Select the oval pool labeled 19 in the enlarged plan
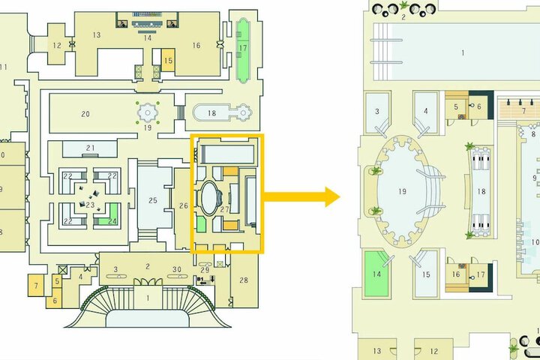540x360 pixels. pos(401,191)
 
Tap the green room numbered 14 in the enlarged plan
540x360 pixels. pos(376,274)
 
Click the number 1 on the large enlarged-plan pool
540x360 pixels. pos(463,52)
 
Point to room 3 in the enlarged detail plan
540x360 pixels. pos(377,112)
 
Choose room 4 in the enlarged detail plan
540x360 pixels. pos(426,112)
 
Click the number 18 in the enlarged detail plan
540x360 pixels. pos(481,191)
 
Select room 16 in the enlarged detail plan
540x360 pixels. pos(456,274)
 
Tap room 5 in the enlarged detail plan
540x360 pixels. pos(457,106)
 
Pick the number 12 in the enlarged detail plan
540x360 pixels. pos(434,351)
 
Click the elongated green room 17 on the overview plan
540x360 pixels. pos(243,51)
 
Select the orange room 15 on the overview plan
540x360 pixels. pos(168,60)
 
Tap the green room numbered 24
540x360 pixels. pos(111,215)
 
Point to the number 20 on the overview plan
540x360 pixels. pos(85,114)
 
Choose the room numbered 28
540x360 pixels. pos(244,280)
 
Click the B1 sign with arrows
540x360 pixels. pos(206,280)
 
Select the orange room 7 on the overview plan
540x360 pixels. pos(36,285)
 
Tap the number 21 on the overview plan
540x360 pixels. pos(90,148)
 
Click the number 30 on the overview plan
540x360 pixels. pos(177,269)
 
